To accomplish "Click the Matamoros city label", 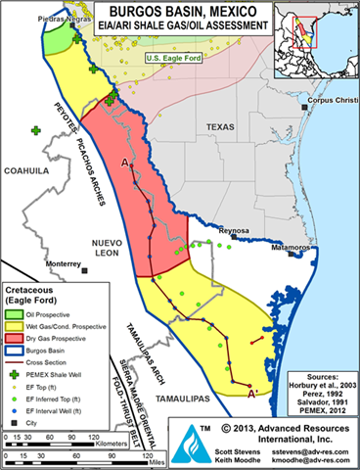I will tap(284, 249).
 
